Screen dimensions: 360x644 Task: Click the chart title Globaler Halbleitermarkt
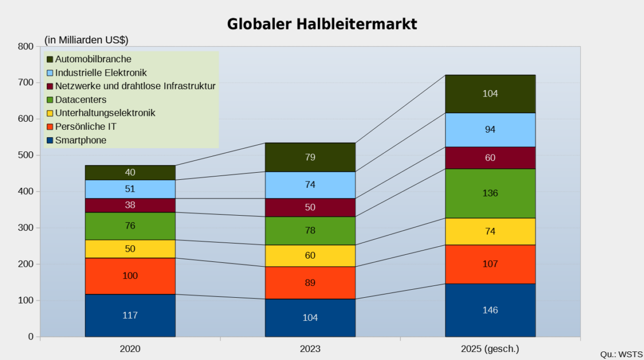click(x=322, y=24)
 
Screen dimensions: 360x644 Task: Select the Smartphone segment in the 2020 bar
click(x=130, y=315)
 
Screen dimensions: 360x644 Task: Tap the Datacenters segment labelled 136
click(x=491, y=193)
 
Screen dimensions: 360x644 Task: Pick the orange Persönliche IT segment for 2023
click(x=310, y=283)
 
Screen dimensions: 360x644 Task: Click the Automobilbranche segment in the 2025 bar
click(x=491, y=94)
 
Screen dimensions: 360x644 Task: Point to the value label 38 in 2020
click(x=130, y=205)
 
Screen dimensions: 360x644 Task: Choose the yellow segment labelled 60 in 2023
click(x=310, y=256)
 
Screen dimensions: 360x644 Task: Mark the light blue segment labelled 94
click(x=491, y=130)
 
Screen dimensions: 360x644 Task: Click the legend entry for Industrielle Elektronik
click(x=100, y=72)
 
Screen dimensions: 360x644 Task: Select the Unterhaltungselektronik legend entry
click(x=105, y=113)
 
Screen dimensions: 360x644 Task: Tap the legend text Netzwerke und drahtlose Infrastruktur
click(x=135, y=86)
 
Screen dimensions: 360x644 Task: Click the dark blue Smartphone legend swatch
click(x=50, y=141)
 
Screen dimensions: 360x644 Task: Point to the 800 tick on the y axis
click(x=25, y=46)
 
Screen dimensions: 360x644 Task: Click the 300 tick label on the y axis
click(x=25, y=228)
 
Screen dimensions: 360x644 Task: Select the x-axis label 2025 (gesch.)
click(x=491, y=349)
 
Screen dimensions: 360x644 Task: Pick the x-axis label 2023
click(x=310, y=349)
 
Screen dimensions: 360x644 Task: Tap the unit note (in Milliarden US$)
click(x=86, y=40)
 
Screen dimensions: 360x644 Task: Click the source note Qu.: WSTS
click(x=621, y=354)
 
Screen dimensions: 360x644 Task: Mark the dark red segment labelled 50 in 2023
click(x=310, y=208)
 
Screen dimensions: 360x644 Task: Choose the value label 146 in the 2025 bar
click(x=491, y=310)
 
